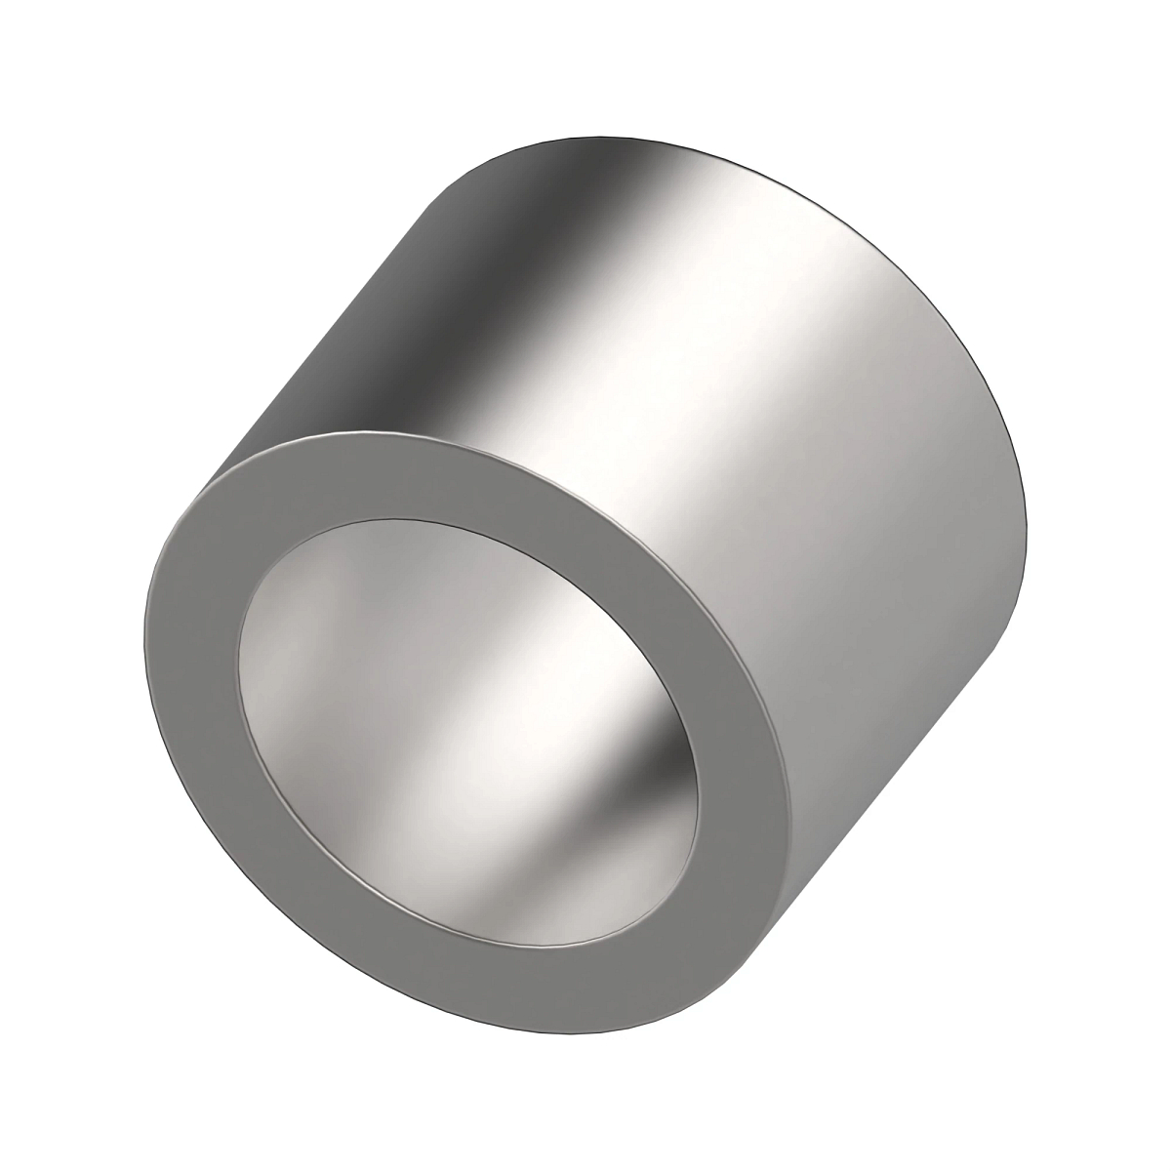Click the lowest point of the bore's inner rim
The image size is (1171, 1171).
(527, 939)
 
